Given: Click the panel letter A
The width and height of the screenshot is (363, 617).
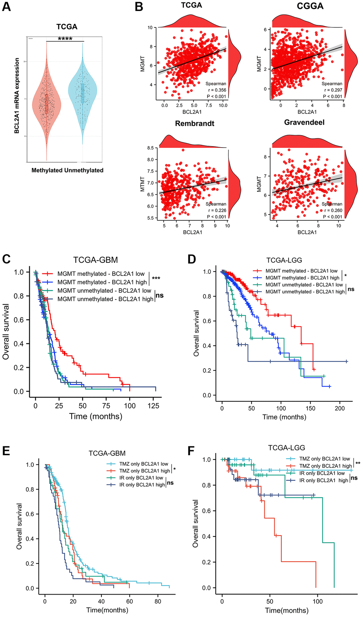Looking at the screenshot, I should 6,7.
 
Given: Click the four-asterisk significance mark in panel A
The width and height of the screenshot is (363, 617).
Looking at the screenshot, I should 65,39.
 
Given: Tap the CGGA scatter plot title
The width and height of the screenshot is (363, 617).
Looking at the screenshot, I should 310,6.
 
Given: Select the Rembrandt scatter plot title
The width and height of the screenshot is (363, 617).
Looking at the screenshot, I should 195,124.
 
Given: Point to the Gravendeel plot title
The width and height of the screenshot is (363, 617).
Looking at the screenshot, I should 304,122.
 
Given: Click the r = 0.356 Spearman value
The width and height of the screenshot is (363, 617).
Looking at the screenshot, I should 217,90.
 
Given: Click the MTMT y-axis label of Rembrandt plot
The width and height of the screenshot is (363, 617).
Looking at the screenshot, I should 142,184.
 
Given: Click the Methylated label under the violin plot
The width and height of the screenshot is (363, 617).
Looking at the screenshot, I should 47,170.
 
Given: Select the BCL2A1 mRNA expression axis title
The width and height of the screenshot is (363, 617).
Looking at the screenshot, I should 17,96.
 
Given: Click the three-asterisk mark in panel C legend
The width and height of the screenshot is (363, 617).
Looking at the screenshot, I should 156,279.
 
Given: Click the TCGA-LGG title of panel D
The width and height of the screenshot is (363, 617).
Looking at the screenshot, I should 284,261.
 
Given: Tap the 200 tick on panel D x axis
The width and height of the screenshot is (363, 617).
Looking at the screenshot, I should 340,408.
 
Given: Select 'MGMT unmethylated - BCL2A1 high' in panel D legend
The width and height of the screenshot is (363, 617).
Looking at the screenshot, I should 305,292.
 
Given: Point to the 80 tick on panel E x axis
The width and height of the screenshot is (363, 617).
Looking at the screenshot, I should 158,601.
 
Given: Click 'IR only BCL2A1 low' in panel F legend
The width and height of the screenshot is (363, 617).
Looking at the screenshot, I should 322,473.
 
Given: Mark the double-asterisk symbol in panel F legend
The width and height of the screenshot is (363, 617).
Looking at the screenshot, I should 358,463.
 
